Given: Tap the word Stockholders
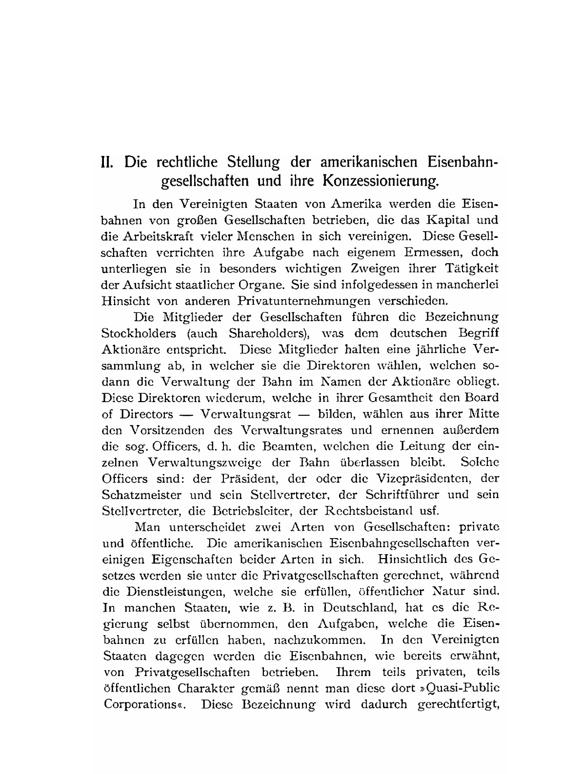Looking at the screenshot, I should coord(137,333).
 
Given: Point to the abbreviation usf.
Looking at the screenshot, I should coord(429,511).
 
